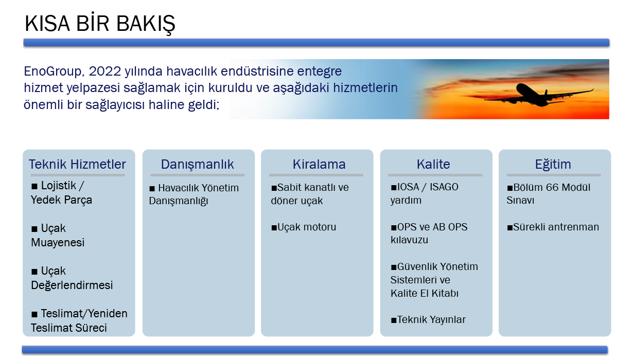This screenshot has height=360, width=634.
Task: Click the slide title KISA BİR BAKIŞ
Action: point(100,24)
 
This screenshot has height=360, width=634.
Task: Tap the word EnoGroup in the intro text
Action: point(54,71)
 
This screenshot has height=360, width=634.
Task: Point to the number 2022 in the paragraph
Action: point(105,71)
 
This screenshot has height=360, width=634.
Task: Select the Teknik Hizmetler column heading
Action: point(77,164)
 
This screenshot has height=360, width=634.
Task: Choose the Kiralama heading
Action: point(319,164)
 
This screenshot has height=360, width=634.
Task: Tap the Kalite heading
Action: point(433,164)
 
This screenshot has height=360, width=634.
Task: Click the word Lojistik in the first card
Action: point(59,186)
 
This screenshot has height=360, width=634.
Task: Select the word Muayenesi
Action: point(58,243)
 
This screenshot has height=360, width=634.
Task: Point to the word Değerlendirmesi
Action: point(72,285)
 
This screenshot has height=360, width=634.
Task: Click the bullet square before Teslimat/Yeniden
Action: point(34,314)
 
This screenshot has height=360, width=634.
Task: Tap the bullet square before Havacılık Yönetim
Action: point(152,189)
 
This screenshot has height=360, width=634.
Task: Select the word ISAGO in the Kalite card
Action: point(444,187)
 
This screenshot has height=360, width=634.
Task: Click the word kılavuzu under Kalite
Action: point(409,240)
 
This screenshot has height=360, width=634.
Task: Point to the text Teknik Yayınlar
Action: point(431,320)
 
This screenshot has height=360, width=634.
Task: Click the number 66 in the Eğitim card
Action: point(552,188)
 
